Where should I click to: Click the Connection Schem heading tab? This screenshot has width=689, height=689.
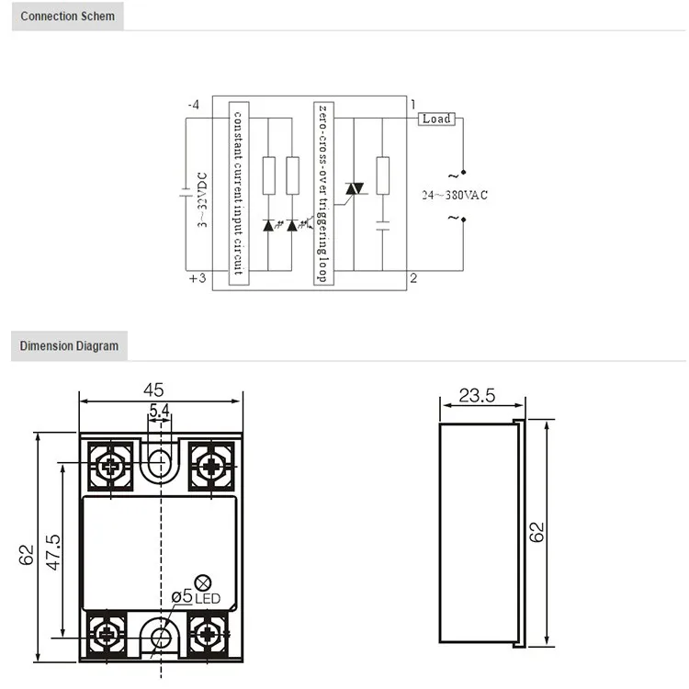[68, 17]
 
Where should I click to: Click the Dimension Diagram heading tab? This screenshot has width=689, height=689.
[69, 346]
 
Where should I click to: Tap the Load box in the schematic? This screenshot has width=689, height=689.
[436, 119]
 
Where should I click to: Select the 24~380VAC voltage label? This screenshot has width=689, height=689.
[456, 195]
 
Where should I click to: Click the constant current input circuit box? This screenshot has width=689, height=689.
[237, 193]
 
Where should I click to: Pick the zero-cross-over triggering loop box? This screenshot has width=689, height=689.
[322, 193]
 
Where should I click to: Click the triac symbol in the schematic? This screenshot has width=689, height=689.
[354, 188]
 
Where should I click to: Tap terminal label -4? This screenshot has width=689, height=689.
[193, 105]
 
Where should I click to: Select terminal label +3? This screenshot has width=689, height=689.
[195, 278]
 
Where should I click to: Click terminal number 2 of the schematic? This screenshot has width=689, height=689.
[414, 278]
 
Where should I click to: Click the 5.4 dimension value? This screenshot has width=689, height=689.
[159, 411]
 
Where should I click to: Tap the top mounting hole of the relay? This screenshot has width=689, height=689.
[160, 461]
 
